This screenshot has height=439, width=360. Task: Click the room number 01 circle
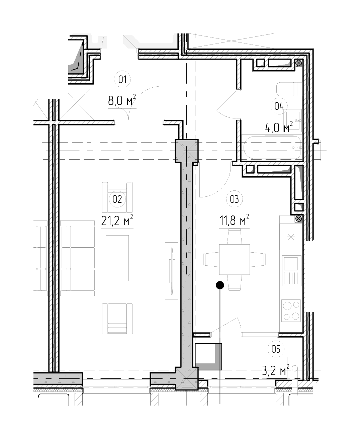pyautogui.click(x=122, y=79)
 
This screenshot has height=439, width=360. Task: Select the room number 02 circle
pyautogui.click(x=117, y=199)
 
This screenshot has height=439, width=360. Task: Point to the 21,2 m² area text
pyautogui.click(x=117, y=221)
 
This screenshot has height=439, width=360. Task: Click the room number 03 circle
pyautogui.click(x=234, y=199)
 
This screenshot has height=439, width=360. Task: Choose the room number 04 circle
pyautogui.click(x=279, y=106)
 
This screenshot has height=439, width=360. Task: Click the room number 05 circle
pyautogui.click(x=276, y=349)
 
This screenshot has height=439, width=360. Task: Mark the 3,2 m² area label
pyautogui.click(x=275, y=370)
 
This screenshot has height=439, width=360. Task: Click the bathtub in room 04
pyautogui.click(x=273, y=147)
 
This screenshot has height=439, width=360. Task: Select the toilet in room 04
pyautogui.click(x=289, y=89)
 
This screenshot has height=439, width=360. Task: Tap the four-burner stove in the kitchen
pyautogui.click(x=291, y=311)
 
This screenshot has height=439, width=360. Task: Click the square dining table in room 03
pyautogui.click(x=234, y=259)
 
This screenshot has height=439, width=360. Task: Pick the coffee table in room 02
pyautogui.click(x=117, y=258)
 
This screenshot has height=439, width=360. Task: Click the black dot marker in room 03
pyautogui.click(x=220, y=285)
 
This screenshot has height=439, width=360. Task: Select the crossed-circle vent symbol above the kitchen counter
pyautogui.click(x=299, y=218)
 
